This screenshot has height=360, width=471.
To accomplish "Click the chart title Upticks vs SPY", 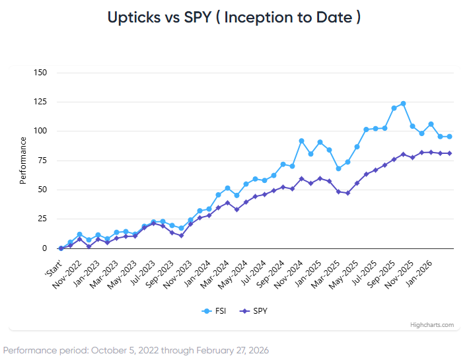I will pyautogui.click(x=235, y=17).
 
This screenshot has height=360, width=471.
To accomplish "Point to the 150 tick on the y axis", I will pyautogui.click(x=40, y=72).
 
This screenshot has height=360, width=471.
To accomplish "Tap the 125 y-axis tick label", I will pyautogui.click(x=40, y=102).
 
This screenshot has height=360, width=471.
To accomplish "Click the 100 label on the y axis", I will pyautogui.click(x=40, y=131).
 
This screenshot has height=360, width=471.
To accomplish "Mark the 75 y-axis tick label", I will pyautogui.click(x=42, y=161).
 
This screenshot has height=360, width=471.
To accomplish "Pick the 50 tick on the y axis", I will pyautogui.click(x=42, y=190).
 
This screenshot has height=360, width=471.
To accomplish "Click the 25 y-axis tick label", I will pyautogui.click(x=42, y=219).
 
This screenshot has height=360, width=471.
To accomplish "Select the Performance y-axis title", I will pyautogui.click(x=23, y=160).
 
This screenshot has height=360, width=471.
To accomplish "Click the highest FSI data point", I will pyautogui.click(x=403, y=104).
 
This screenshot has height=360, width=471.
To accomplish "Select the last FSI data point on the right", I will pyautogui.click(x=449, y=137).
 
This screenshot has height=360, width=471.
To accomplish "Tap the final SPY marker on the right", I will pyautogui.click(x=449, y=153).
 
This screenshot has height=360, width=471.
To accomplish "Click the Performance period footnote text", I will pyautogui.click(x=136, y=349).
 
